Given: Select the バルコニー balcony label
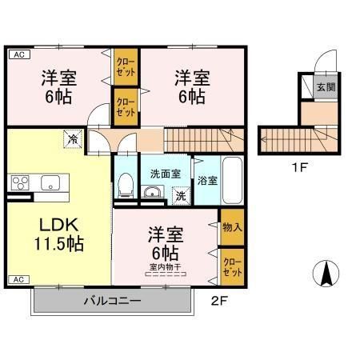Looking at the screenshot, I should (113, 302).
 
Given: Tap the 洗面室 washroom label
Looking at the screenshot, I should (165, 174).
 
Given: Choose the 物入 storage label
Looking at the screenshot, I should (232, 228).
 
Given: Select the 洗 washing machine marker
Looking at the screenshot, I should (181, 194).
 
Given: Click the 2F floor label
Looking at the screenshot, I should (219, 302).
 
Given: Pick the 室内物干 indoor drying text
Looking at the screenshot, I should (166, 266).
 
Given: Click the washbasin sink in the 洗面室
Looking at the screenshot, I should (150, 192).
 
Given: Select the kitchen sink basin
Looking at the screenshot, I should (50, 183).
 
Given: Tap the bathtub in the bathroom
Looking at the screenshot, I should (232, 178).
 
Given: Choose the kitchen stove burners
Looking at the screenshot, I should (19, 183).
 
